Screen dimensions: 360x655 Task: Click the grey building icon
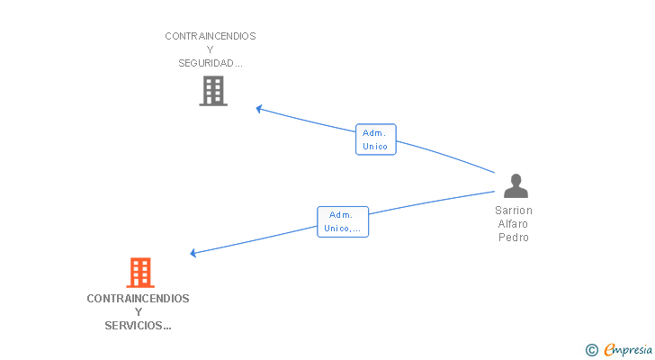[213, 91]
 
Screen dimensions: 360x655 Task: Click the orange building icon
[139, 273]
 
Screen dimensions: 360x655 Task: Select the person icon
[516, 186]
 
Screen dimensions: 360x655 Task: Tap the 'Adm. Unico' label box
[375, 139]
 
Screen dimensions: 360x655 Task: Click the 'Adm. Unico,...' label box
[343, 221]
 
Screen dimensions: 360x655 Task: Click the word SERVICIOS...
[135, 325]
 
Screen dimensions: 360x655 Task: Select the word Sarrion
[514, 211]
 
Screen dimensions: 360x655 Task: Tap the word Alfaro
[514, 224]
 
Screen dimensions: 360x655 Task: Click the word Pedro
[514, 238]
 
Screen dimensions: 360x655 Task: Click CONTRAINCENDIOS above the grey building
[211, 36]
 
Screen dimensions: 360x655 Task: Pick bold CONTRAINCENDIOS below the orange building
[139, 298]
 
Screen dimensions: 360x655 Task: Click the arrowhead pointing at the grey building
[258, 109]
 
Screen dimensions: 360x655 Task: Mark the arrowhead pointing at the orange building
[193, 253]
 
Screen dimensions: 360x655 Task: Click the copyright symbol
[591, 350]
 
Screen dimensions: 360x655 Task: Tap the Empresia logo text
[630, 350]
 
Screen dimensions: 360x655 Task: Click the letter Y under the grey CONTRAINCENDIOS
[211, 49]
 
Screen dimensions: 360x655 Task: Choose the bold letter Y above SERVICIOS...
[139, 311]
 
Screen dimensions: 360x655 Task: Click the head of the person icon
[516, 179]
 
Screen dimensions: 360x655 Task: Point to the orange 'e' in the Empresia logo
[610, 350]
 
